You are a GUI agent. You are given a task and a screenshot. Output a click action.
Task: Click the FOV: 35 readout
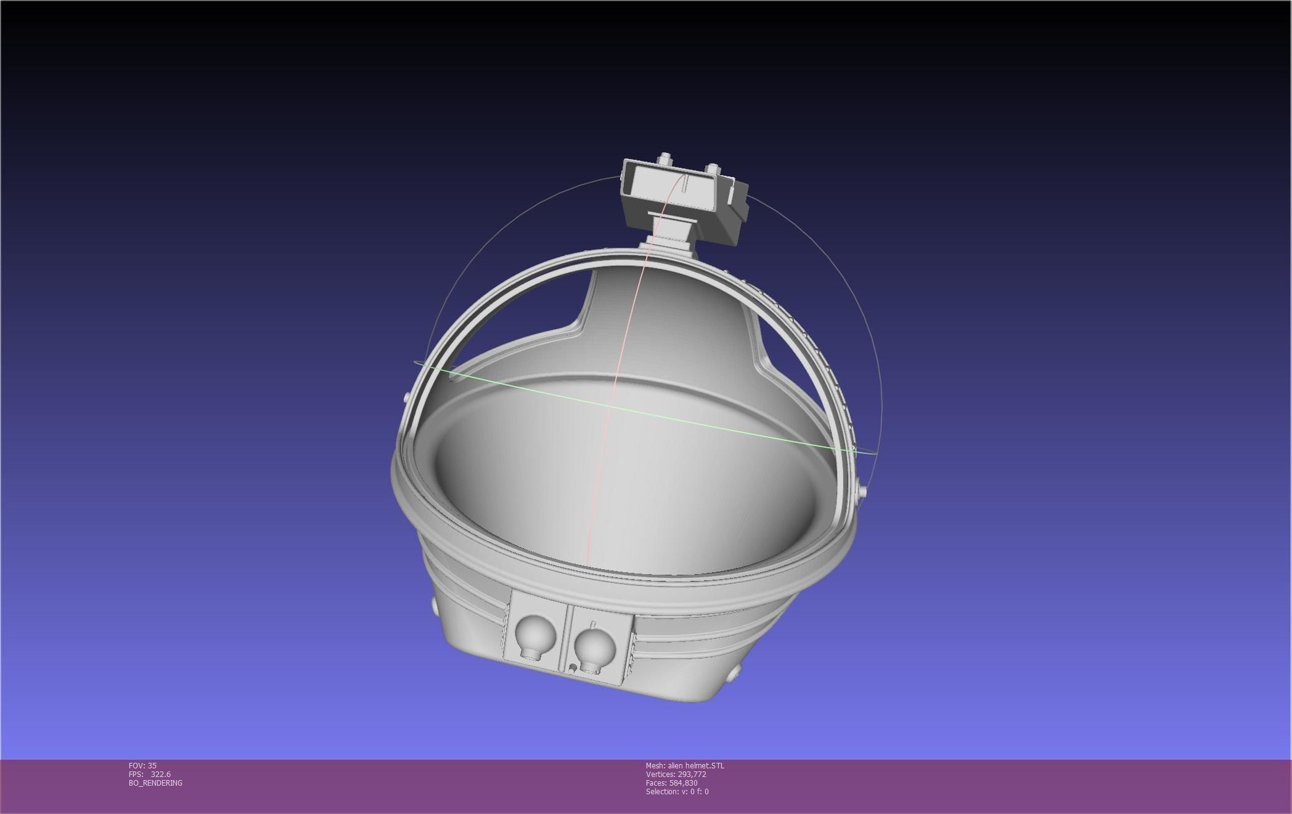142,765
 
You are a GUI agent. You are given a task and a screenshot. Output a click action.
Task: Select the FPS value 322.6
160,774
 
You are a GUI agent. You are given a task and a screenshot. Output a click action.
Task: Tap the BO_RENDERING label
155,783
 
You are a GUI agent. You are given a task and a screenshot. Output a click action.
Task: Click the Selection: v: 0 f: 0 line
677,791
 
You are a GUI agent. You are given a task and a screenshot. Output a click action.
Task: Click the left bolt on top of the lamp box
664,159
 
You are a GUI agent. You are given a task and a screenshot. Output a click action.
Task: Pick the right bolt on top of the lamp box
712,169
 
